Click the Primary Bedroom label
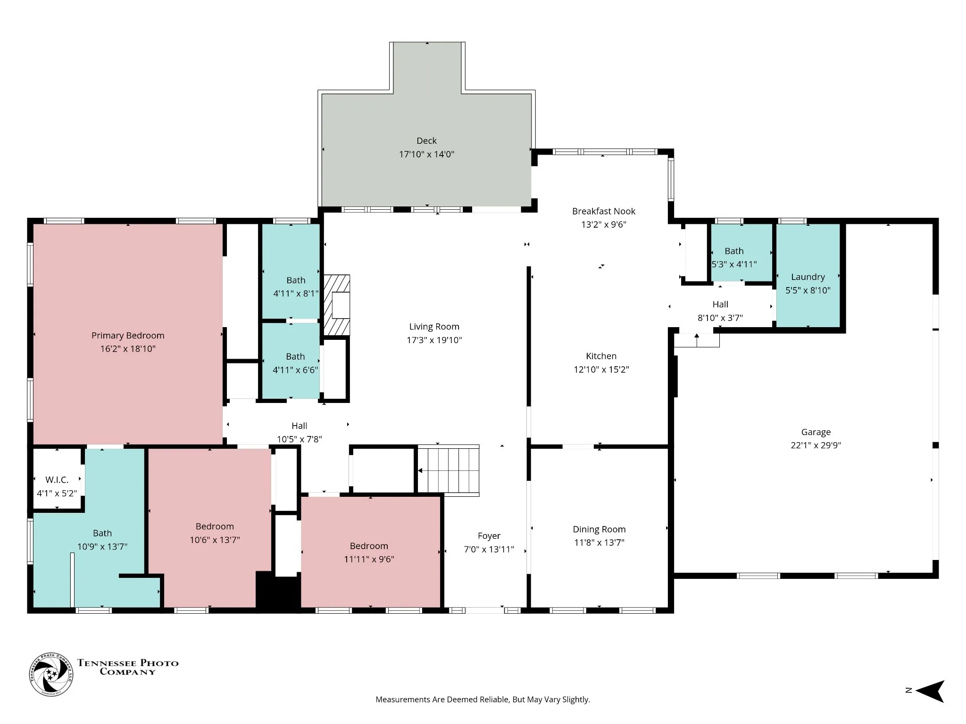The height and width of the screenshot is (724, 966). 128,336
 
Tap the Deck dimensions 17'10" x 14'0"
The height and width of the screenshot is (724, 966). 426,154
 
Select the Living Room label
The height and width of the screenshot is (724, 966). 434,327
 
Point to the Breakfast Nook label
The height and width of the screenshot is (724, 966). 604,211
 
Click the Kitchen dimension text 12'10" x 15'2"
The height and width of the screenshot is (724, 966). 601,370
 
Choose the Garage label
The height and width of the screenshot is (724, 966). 816,432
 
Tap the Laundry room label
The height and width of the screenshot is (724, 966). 808,277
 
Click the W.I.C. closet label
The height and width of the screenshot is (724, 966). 57,480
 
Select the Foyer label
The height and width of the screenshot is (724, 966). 489,536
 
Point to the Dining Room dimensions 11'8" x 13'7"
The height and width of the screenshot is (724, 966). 599,543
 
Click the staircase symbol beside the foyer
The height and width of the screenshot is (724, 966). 448,470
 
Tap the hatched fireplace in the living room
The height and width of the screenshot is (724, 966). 337,305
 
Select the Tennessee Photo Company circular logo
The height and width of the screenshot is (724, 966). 51,675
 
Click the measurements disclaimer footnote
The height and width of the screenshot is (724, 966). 483,699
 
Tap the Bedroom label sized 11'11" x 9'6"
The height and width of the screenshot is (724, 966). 369,546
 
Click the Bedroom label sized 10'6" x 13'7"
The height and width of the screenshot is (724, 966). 215,527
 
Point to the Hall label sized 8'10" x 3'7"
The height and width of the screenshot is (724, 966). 720,304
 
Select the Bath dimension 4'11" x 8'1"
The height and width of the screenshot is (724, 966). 296,294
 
